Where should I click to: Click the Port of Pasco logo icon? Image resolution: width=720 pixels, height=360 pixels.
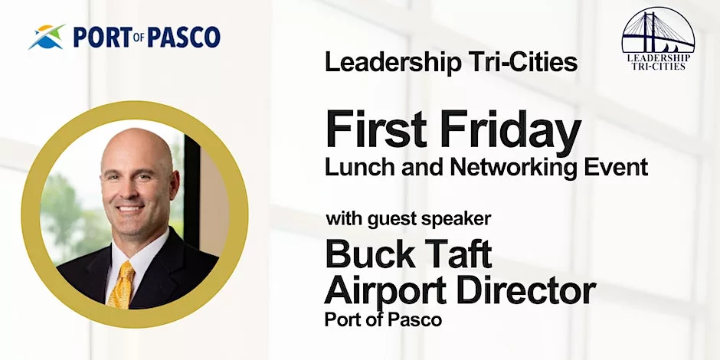pos(45,36)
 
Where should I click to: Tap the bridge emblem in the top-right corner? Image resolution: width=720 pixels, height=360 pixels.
pos(658,31)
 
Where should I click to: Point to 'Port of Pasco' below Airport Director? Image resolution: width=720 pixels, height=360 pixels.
pos(383,319)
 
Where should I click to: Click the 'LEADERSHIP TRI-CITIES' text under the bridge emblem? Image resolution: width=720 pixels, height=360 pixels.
pos(658,62)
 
